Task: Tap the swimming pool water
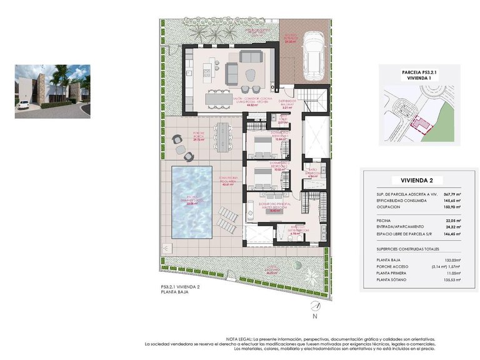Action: tap(192, 202)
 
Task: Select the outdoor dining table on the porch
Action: tap(222, 136)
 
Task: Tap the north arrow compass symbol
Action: tap(315, 307)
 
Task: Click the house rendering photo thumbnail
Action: tap(52, 91)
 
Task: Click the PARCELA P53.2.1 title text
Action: tap(419, 72)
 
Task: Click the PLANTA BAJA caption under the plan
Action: tap(174, 292)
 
